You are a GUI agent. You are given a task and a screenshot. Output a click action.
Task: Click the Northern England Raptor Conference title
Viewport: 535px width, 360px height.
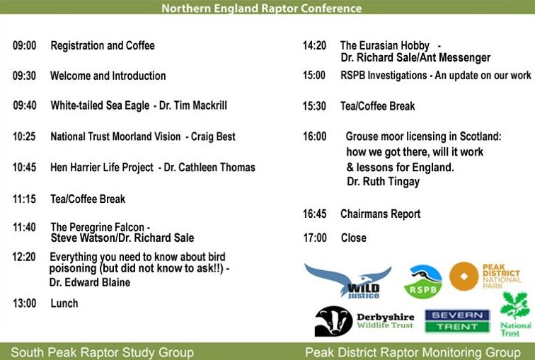[261, 8]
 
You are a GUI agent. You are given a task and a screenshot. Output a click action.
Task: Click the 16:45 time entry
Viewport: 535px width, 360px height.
[315, 214]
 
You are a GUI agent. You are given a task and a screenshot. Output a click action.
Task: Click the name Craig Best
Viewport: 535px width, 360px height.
[213, 136]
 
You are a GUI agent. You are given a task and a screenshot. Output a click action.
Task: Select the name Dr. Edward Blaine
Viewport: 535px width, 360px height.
[90, 282]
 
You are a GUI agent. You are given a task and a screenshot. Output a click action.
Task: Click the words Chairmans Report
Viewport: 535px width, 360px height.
[380, 214]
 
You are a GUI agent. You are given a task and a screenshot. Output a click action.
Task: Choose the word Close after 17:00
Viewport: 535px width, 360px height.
[353, 238]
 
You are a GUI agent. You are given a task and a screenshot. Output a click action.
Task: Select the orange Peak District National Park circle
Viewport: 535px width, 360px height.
[464, 277]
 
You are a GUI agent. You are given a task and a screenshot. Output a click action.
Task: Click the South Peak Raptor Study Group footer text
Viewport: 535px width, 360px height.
[102, 352]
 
